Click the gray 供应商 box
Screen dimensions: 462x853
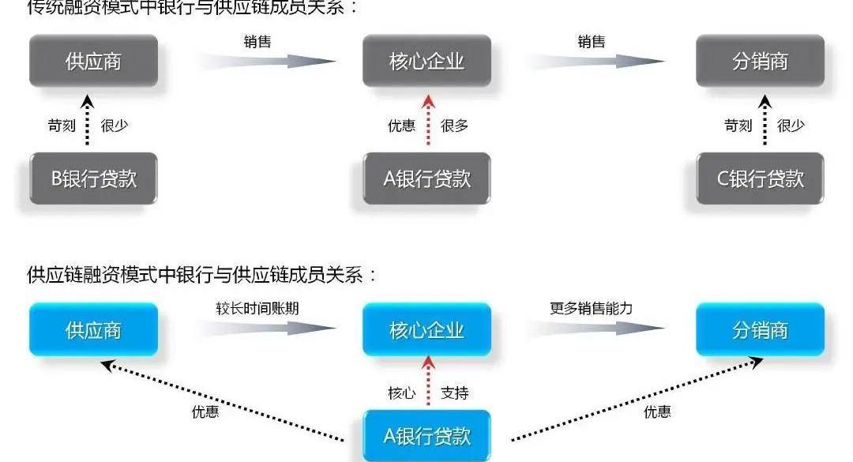tap(93, 61)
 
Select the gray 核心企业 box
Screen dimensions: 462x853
tap(426, 61)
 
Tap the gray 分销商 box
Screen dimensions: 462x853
tap(760, 61)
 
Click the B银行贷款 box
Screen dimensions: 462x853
tap(93, 178)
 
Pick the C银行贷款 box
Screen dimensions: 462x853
tap(760, 178)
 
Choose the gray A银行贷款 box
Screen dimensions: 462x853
tap(426, 178)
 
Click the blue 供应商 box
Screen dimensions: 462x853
tap(93, 329)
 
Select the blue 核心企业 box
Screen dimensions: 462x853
tap(426, 329)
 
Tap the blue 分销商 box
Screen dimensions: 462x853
tap(760, 329)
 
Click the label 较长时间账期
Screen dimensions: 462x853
tap(257, 308)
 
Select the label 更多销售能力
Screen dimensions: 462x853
tap(592, 308)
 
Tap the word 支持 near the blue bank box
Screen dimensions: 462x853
tap(455, 393)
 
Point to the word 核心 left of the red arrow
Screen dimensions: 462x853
tap(401, 393)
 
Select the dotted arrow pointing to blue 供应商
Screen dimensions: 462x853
tap(221, 399)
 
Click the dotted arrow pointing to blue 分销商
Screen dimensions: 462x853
tap(637, 399)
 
